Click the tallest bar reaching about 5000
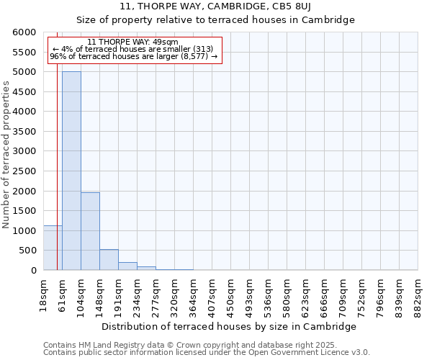(71, 171)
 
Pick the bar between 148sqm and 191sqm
(109, 260)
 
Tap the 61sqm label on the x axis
(63, 294)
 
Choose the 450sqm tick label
(231, 294)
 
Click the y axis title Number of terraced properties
(6, 155)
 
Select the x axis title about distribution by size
(230, 326)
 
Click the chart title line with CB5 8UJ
(215, 6)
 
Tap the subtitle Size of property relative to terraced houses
(215, 19)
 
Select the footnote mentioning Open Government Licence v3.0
(207, 353)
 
